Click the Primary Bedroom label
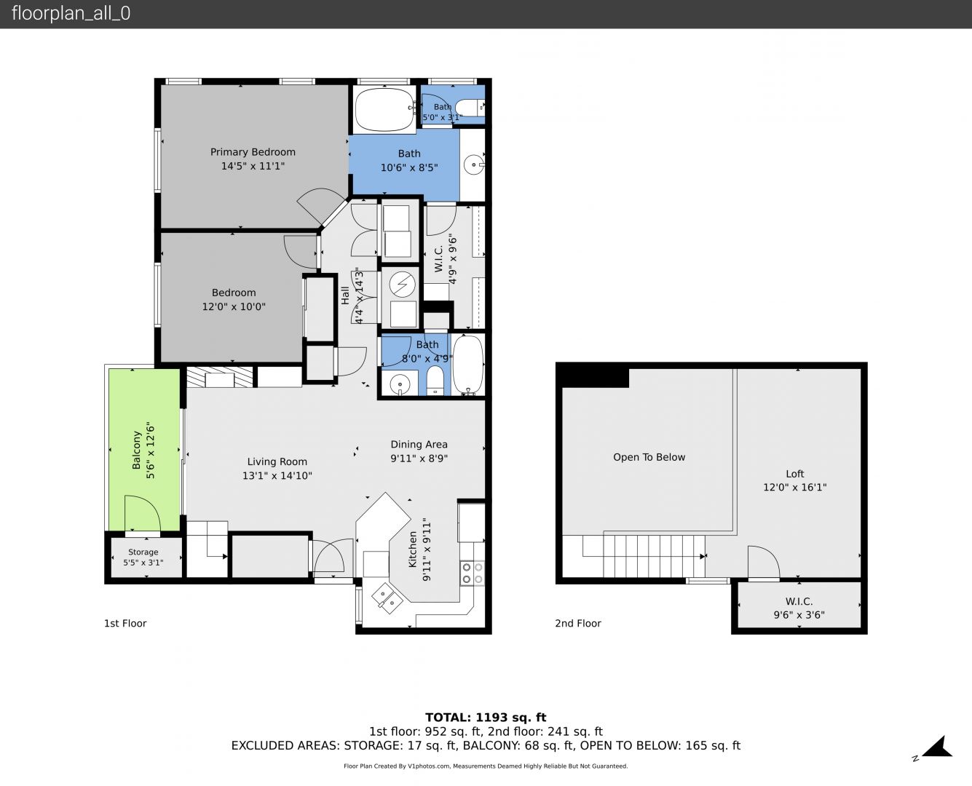[x=253, y=152]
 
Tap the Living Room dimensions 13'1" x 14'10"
[x=277, y=475]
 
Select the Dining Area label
[x=419, y=445]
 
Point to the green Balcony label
[x=136, y=450]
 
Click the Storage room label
[x=143, y=552]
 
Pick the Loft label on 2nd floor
[x=795, y=474]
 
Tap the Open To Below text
[x=649, y=457]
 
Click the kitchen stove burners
[x=473, y=573]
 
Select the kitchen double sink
[x=387, y=598]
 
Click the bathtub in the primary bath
[x=384, y=108]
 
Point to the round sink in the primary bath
[x=474, y=164]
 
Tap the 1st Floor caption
[x=125, y=623]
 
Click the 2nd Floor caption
[x=577, y=623]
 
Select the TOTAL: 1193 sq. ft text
[x=486, y=718]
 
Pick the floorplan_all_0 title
[x=71, y=13]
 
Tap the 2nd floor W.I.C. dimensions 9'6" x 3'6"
[x=799, y=614]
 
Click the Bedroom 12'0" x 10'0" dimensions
[x=234, y=306]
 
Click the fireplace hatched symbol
[x=219, y=377]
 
